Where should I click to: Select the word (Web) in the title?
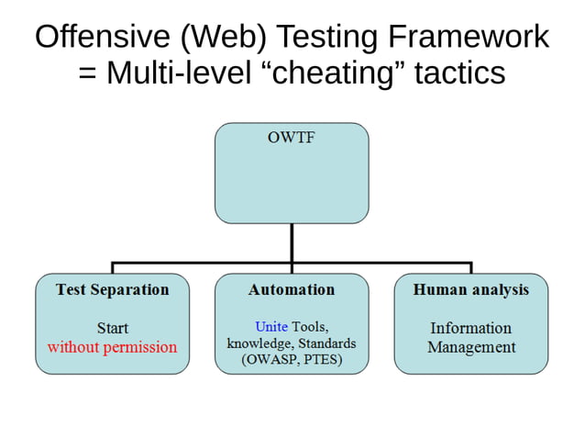[214, 37]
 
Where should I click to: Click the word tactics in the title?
[460, 73]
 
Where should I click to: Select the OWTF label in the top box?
[291, 140]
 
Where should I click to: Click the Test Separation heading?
[112, 289]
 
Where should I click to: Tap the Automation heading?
[292, 289]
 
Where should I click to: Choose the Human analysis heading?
[470, 289]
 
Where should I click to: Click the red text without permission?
[112, 347]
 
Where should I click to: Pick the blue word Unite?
[271, 327]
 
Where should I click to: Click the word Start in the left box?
[112, 328]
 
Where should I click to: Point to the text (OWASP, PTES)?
[292, 360]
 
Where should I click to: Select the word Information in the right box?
[470, 328]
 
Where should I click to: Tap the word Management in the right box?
[470, 347]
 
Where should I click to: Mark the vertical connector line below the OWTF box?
[292, 243]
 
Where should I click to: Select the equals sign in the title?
[87, 73]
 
